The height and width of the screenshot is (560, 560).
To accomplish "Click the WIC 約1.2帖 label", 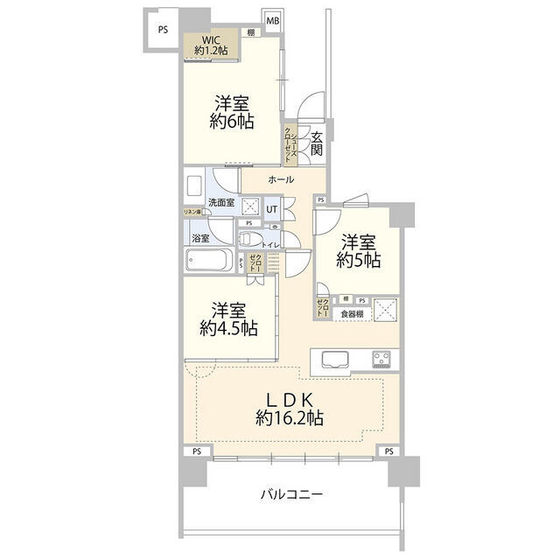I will point(211,45).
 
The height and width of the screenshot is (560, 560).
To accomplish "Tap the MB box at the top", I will point(273,21).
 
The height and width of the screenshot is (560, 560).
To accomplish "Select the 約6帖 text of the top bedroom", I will point(232,122).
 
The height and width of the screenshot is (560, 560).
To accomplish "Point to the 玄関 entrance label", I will point(316,143).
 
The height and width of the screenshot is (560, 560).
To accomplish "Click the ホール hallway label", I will point(281,179).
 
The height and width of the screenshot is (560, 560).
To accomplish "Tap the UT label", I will point(272,209).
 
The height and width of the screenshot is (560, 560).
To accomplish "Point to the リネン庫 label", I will point(192,212).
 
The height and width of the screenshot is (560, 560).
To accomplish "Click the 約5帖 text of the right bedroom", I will point(360,260).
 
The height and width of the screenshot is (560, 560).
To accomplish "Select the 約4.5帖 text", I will point(228,329).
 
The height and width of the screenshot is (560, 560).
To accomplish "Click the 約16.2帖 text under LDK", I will point(290,418).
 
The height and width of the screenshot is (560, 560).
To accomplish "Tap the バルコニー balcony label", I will point(292,494).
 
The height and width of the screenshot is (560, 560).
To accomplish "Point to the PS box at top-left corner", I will point(163,29).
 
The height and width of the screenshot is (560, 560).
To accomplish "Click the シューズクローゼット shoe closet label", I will point(288,145).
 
